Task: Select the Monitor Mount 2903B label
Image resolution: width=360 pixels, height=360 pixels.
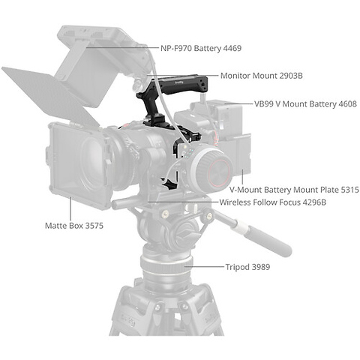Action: click(x=261, y=76)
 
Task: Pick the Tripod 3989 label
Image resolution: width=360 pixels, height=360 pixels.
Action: click(x=247, y=266)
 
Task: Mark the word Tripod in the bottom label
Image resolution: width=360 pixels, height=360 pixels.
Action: click(x=237, y=266)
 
